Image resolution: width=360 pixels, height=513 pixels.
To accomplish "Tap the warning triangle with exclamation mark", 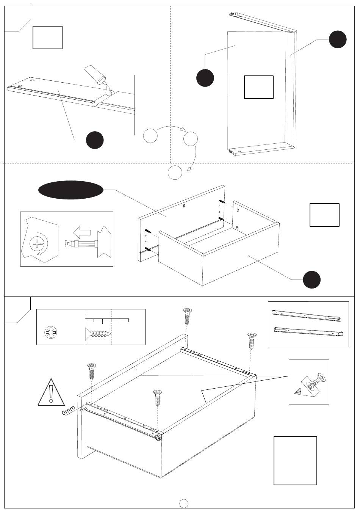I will (x=51, y=392).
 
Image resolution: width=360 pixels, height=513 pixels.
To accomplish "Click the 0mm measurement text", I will (x=69, y=410).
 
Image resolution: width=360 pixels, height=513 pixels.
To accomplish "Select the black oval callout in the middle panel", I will (x=71, y=190).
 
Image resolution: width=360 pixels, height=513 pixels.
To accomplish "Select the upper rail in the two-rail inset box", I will (x=307, y=315).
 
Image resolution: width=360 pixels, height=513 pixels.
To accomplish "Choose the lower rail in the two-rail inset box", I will (x=308, y=331).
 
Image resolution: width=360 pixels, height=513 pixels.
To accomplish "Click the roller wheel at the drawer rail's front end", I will (x=157, y=438).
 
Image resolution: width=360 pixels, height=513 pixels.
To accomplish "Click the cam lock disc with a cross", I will (x=37, y=243).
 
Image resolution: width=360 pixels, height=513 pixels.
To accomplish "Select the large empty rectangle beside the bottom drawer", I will (x=295, y=460).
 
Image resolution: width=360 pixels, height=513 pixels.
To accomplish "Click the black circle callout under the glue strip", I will (x=95, y=140).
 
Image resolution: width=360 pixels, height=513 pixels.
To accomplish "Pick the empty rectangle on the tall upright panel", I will (x=259, y=87).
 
